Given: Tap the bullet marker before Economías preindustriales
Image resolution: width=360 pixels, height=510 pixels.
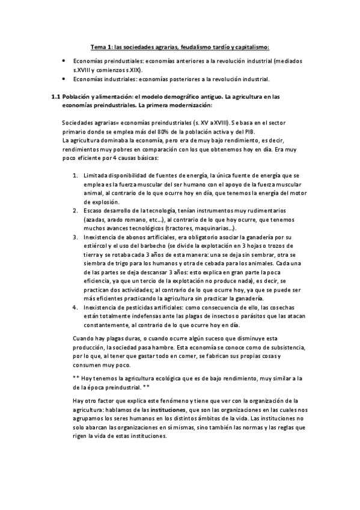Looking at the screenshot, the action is pyautogui.click(x=64, y=61).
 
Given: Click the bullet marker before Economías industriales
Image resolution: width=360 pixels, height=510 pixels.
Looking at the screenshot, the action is pyautogui.click(x=64, y=78).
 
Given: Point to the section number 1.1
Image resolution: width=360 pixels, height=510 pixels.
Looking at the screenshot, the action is pyautogui.click(x=55, y=96).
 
